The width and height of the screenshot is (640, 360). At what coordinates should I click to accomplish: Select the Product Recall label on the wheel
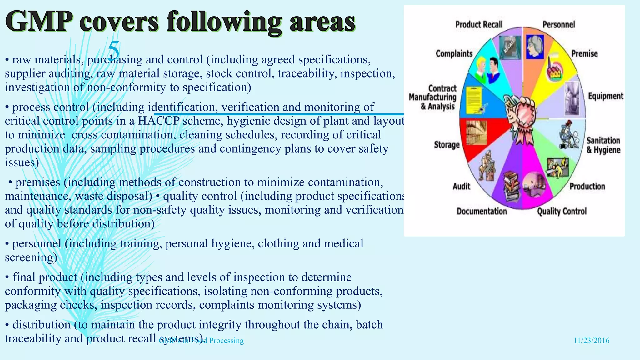[x=479, y=24]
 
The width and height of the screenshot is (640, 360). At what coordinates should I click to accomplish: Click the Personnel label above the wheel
[x=558, y=24]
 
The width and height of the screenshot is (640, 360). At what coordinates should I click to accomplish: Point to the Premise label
[x=584, y=53]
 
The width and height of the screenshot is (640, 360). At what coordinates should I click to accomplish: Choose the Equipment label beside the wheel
[x=605, y=96]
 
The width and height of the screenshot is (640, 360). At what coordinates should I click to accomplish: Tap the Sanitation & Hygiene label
[x=603, y=145]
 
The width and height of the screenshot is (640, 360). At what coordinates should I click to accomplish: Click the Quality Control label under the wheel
[x=562, y=212]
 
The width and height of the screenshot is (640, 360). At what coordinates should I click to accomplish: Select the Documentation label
[x=482, y=212]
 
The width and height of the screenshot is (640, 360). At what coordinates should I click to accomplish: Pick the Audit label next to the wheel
[x=461, y=187]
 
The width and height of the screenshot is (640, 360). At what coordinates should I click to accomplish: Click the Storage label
[x=447, y=145]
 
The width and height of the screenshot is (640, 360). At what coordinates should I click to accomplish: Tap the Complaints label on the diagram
[x=454, y=54]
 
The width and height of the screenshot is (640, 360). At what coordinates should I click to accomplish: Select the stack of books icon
[x=511, y=186]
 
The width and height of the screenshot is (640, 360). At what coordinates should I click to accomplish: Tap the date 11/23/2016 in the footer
[x=591, y=341]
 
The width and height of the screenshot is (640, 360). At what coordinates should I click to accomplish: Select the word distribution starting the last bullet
[x=41, y=325]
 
